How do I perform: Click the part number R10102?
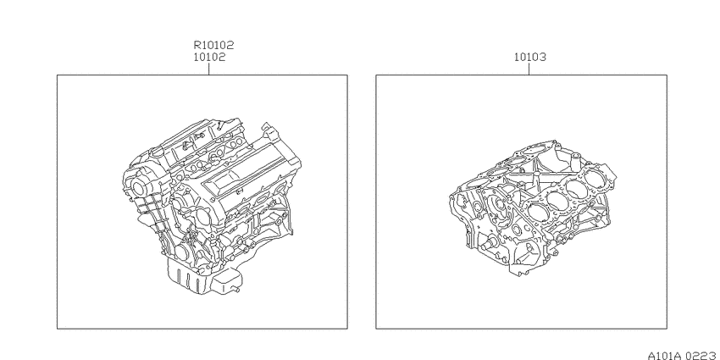coord(213,45)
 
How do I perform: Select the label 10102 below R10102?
coord(209,58)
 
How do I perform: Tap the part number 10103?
coord(530,58)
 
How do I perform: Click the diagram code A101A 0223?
coord(684,356)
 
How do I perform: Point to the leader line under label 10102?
coord(209,69)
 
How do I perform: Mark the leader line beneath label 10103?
coord(529,69)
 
